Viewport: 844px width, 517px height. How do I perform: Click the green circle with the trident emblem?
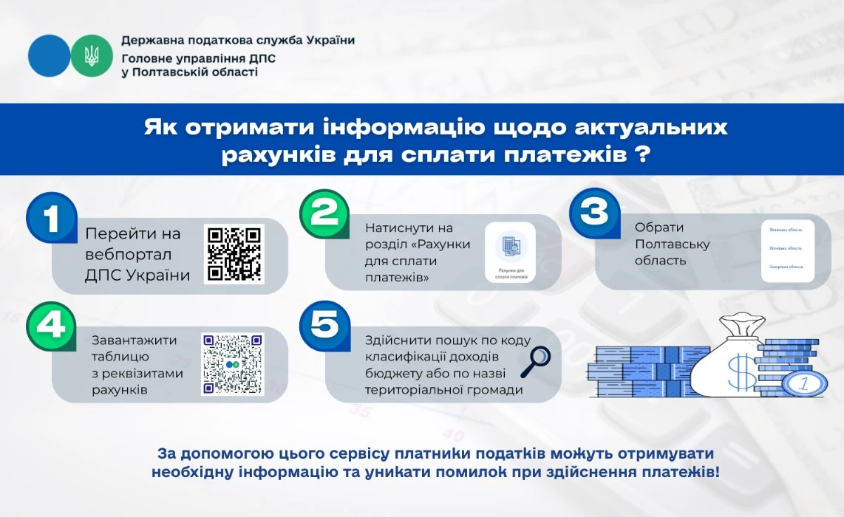click(92, 55)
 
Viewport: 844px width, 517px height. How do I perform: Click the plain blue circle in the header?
click(50, 55)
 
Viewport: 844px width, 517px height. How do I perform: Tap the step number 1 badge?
click(51, 219)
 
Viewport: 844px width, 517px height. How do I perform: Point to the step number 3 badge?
click(594, 214)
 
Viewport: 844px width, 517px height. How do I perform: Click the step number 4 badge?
click(51, 326)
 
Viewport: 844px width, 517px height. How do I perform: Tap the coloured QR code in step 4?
click(233, 364)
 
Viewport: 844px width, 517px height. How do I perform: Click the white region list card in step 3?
click(788, 250)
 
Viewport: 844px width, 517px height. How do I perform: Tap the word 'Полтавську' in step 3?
click(672, 244)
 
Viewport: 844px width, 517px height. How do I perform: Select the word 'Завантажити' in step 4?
click(135, 340)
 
